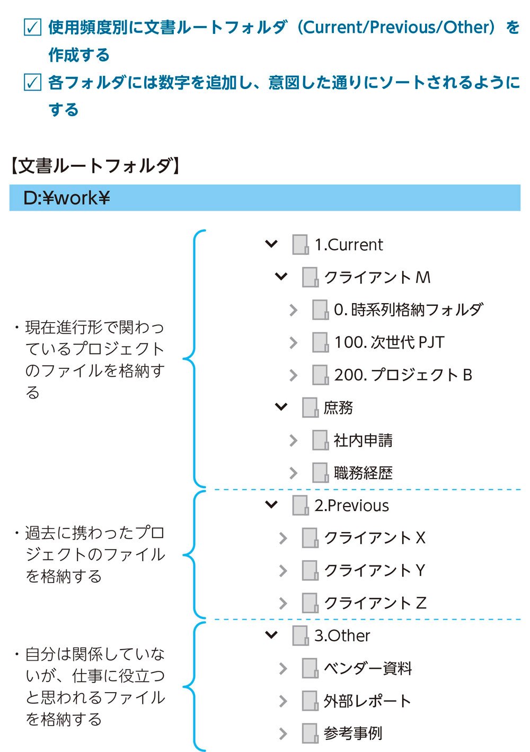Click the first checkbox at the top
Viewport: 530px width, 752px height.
click(x=33, y=27)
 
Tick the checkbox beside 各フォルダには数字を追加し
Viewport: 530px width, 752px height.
click(x=33, y=83)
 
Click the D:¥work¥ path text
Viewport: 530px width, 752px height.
click(x=66, y=198)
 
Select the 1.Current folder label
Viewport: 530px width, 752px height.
click(x=348, y=245)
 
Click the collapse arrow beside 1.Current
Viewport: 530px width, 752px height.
click(x=271, y=244)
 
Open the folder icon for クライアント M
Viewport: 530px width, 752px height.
click(x=310, y=277)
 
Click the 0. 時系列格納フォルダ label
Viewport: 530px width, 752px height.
click(x=408, y=309)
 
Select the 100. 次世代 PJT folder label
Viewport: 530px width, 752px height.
click(x=389, y=342)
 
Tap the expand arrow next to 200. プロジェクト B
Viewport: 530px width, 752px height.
click(x=293, y=375)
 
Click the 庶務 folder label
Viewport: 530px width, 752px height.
click(x=338, y=408)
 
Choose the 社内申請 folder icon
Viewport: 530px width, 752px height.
click(x=320, y=440)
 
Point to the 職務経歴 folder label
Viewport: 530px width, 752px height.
click(x=363, y=473)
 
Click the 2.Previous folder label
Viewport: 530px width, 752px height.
click(x=351, y=506)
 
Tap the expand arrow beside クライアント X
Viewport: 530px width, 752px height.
click(x=283, y=538)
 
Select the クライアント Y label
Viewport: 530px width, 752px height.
click(x=374, y=570)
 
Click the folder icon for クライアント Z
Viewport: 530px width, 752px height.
click(x=310, y=603)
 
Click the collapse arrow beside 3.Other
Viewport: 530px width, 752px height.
click(x=271, y=635)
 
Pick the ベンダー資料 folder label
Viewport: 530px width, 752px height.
click(x=368, y=668)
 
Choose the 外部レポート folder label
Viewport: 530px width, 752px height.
click(x=367, y=701)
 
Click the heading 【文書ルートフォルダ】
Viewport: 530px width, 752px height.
click(x=95, y=166)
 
